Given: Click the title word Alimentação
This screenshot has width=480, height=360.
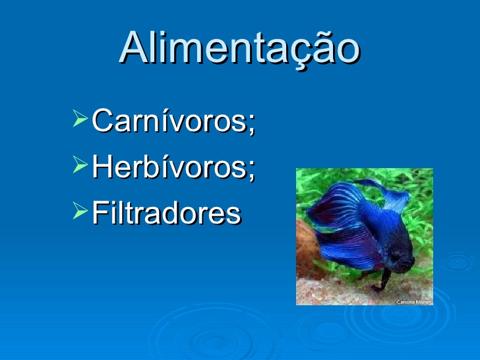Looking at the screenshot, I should point(240,48).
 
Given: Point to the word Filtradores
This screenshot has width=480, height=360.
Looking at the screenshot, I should point(165,212).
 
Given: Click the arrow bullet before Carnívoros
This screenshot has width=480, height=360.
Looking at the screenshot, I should point(80,119).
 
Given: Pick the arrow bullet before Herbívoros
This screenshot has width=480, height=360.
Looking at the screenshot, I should point(80,165).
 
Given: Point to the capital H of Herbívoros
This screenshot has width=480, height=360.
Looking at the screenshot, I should point(103,166).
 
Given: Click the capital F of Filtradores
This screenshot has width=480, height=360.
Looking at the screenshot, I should point(100,212).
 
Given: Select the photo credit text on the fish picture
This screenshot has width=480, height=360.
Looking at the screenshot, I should point(413,301).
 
